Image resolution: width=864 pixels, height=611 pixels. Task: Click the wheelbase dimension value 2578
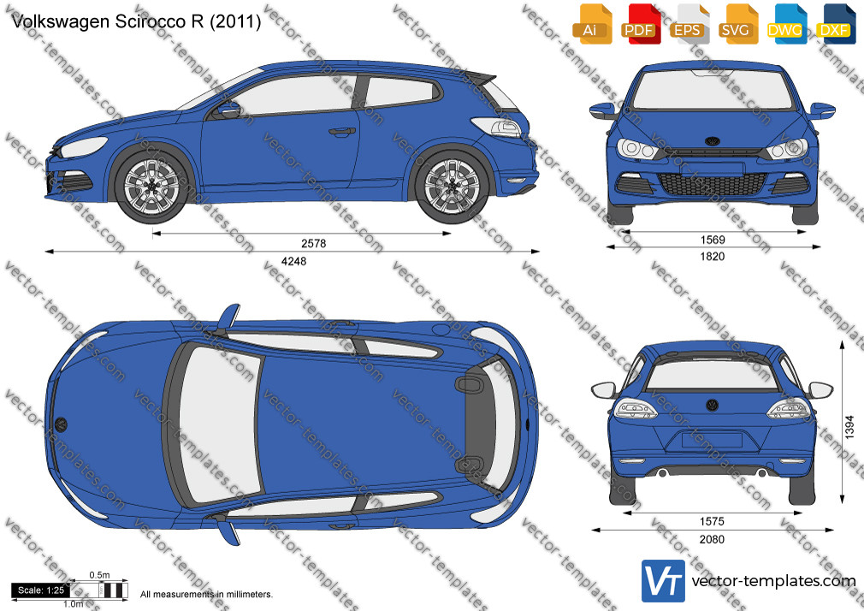click(314, 243)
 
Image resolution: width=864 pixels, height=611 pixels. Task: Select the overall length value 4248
click(293, 261)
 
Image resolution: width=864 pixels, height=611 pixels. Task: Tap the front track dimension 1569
click(713, 240)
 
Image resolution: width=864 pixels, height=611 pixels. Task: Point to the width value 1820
click(713, 257)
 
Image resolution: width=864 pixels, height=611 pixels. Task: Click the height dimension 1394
click(849, 427)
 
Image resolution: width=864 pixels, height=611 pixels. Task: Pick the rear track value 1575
click(712, 522)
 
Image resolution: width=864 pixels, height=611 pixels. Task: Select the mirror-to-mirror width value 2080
click(712, 539)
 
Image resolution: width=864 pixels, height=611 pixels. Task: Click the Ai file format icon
click(592, 24)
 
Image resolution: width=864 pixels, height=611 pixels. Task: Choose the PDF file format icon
click(640, 24)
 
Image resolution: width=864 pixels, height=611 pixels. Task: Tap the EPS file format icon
click(689, 24)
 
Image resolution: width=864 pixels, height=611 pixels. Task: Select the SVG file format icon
click(737, 24)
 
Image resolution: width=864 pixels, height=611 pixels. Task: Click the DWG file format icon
click(786, 24)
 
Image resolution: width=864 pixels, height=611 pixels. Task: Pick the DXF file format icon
click(836, 24)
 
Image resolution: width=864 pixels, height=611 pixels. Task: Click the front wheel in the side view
click(151, 186)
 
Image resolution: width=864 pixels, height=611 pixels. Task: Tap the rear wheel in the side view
click(452, 186)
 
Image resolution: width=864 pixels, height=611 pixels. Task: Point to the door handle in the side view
click(341, 132)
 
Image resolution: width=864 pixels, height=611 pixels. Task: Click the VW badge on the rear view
click(713, 406)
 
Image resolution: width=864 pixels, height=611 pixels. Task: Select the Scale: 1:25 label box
click(41, 590)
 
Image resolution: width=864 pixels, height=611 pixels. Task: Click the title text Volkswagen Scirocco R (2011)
click(135, 21)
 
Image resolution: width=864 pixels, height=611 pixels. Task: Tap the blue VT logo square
click(664, 581)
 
